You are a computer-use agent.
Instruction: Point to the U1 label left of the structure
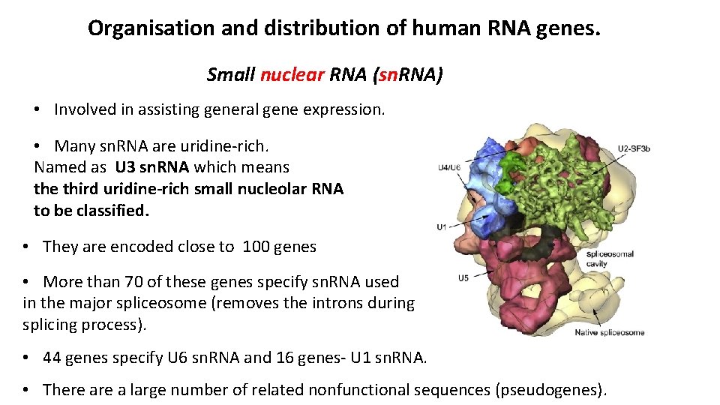(442, 226)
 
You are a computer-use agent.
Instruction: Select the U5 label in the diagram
(463, 278)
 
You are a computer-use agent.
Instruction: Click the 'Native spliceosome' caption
(609, 332)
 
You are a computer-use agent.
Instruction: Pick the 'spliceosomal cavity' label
(610, 259)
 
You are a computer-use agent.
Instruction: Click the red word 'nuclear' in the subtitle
(292, 75)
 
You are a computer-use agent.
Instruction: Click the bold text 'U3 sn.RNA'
(152, 167)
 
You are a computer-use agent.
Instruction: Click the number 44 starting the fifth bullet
(52, 358)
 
